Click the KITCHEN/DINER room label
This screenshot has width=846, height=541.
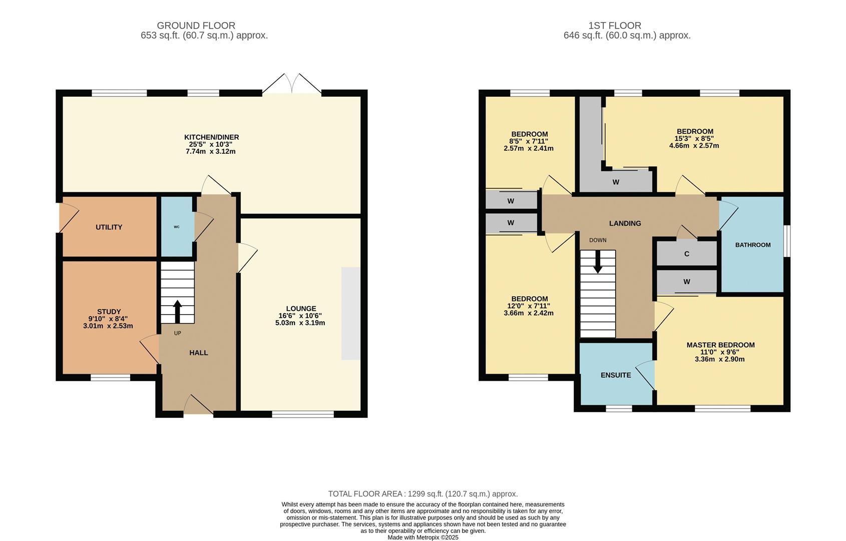[x=211, y=137]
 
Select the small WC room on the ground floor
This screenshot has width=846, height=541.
[x=177, y=227]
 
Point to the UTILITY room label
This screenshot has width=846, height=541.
[x=109, y=227]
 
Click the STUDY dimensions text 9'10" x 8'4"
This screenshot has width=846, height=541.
[x=108, y=319]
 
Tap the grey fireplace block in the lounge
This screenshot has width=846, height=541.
[x=350, y=313]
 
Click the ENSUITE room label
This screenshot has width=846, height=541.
[x=615, y=375]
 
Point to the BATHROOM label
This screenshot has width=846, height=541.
[x=752, y=245]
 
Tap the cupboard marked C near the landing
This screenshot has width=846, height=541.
[x=686, y=254]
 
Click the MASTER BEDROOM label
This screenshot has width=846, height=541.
[x=720, y=345]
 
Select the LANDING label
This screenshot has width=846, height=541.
[x=625, y=223]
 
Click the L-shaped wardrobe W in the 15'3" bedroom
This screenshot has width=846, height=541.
[x=615, y=182]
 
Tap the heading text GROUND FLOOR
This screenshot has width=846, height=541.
[x=196, y=26]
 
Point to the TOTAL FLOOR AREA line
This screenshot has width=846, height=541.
[x=422, y=494]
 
